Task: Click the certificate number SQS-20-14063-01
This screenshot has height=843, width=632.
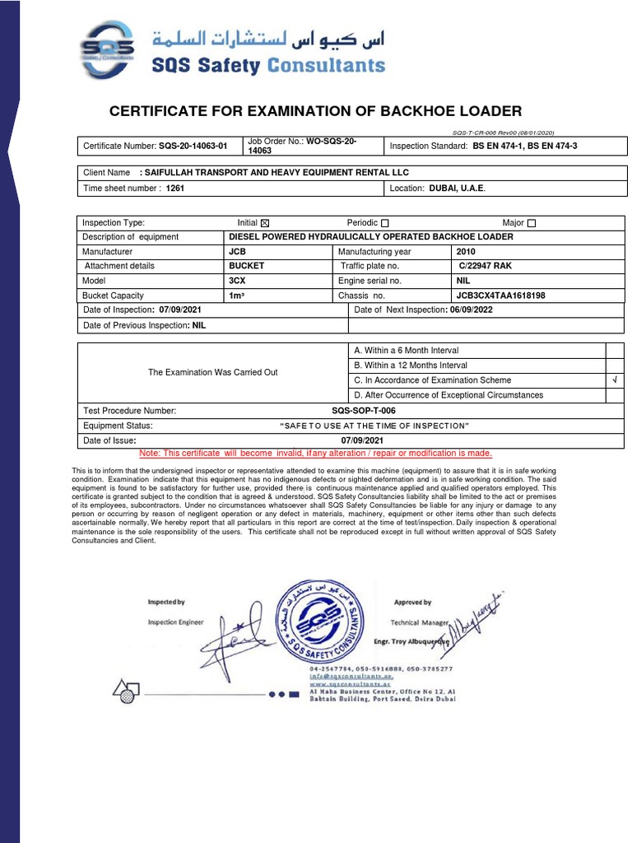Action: pyautogui.click(x=193, y=147)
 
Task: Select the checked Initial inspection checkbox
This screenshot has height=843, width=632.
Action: pyautogui.click(x=264, y=223)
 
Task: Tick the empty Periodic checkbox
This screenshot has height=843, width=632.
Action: pyautogui.click(x=385, y=223)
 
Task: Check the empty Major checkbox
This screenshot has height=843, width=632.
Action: pyautogui.click(x=531, y=223)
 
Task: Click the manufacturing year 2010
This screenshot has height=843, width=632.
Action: pyautogui.click(x=466, y=251)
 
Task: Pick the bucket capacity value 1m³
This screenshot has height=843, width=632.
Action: pyautogui.click(x=239, y=295)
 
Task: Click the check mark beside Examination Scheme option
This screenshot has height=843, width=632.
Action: pyautogui.click(x=614, y=380)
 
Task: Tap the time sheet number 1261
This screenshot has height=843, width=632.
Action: pyautogui.click(x=175, y=188)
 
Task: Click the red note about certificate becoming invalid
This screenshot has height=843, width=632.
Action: pyautogui.click(x=316, y=454)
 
